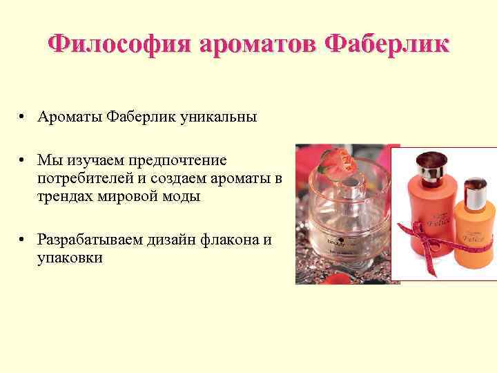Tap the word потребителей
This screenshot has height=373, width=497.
83,178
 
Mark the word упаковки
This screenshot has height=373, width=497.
70,258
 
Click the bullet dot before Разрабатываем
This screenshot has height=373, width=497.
23,240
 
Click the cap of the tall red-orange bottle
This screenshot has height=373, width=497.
431,163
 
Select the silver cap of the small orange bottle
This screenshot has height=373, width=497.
475,193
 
